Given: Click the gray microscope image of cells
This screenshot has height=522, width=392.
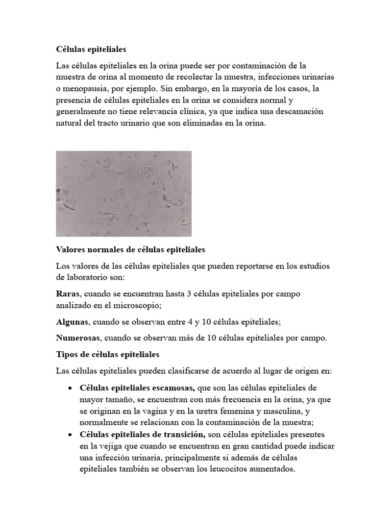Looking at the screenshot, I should click(x=124, y=194).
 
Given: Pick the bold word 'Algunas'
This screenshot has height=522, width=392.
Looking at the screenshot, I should click(x=71, y=322).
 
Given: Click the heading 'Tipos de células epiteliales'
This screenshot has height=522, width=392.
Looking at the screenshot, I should click(x=108, y=354).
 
